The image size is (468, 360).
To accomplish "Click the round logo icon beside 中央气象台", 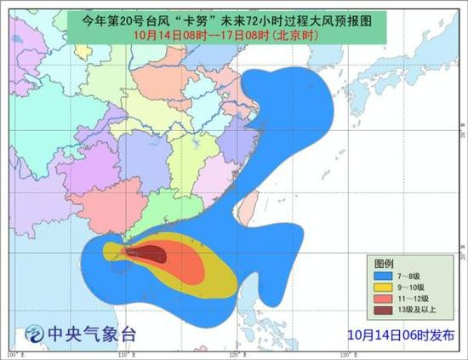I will pyautogui.click(x=37, y=332).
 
